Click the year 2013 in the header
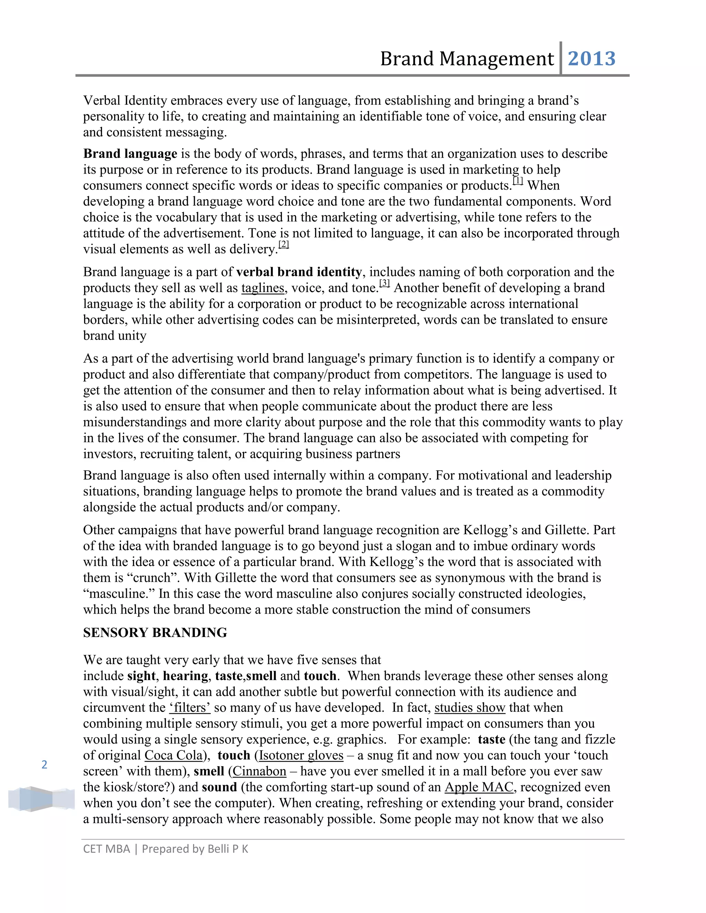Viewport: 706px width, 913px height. (592, 59)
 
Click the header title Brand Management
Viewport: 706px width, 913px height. (467, 59)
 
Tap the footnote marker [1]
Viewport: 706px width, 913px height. (518, 181)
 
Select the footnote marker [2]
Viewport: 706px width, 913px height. (284, 245)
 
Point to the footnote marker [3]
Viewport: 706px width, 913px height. (384, 284)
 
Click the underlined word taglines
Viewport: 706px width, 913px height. (263, 288)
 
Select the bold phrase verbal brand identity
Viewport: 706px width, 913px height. (299, 272)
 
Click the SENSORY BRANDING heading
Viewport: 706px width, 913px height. (155, 633)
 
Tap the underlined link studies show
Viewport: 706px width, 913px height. (470, 708)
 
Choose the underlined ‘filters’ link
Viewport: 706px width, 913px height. (190, 708)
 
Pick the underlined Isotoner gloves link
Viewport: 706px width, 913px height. (301, 756)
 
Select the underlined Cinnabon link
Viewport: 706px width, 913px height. (259, 771)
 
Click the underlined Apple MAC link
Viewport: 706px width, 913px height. (479, 787)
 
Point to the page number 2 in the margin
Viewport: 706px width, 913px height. (44, 765)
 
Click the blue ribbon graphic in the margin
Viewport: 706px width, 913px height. (41, 799)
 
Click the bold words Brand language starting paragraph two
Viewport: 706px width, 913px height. (130, 154)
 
